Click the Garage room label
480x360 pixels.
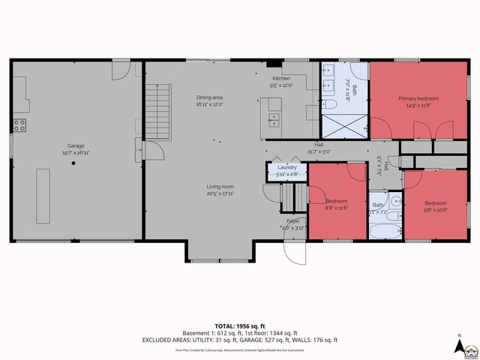(76, 145)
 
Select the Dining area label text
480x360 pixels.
(209, 97)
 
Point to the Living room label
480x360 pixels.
(220, 186)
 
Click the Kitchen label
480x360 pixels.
(280, 78)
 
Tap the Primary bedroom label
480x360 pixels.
(418, 98)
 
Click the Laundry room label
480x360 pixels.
(287, 167)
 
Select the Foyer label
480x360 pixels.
(294, 220)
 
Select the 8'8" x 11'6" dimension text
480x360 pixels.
(336, 208)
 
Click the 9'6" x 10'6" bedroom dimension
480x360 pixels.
(435, 210)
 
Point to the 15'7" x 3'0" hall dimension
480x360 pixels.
(319, 152)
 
